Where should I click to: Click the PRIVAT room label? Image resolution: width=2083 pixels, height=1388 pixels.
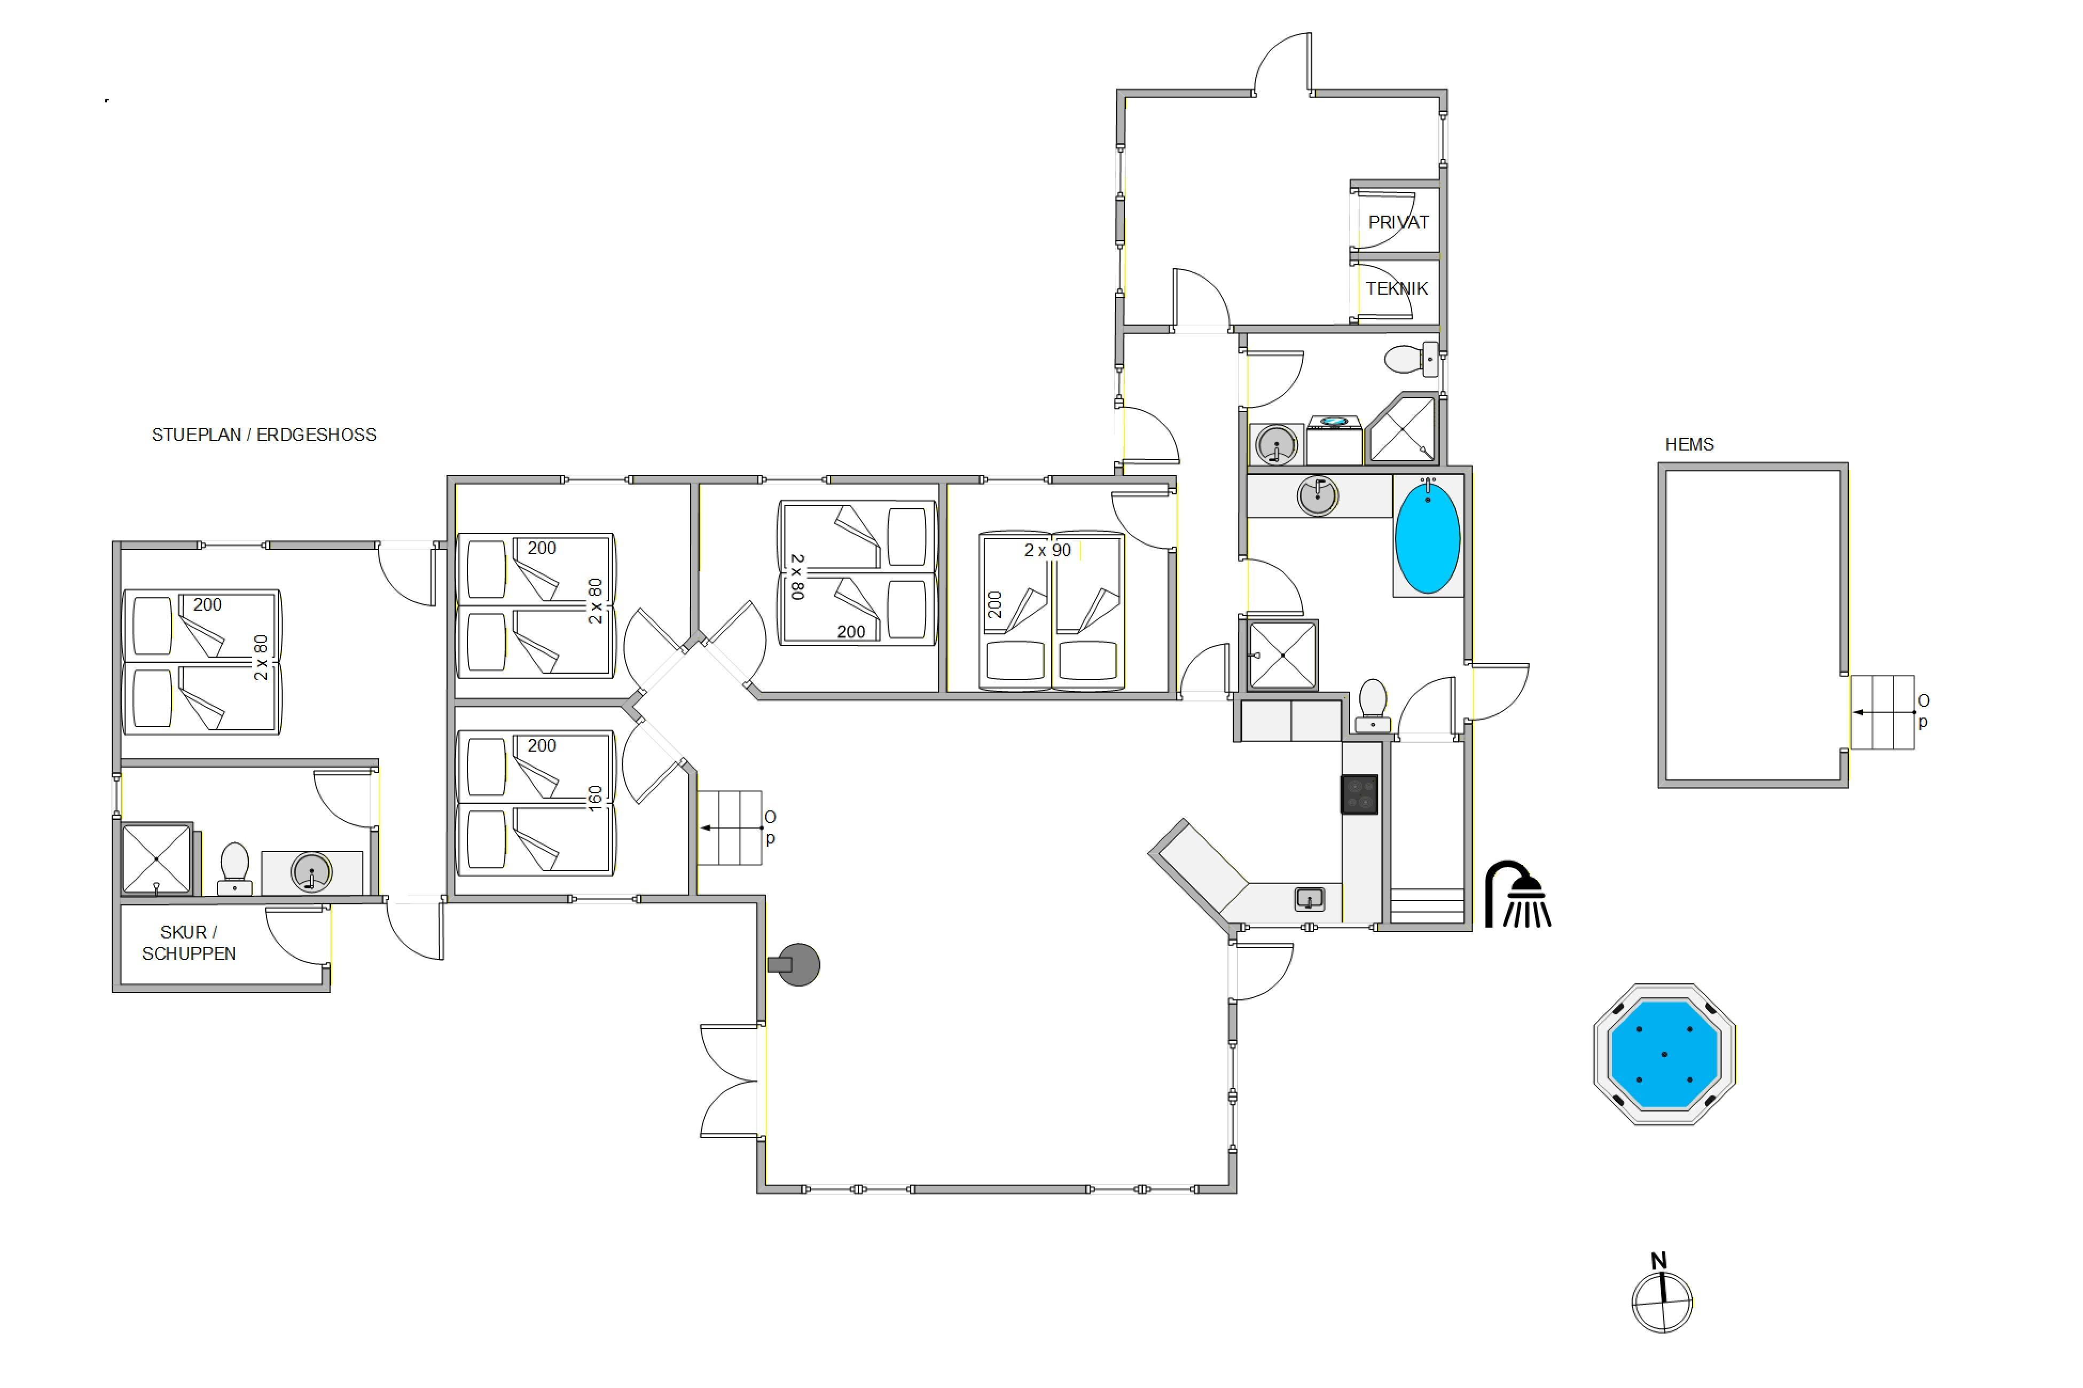(x=1398, y=222)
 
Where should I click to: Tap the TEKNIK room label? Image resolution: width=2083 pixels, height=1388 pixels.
(x=1397, y=289)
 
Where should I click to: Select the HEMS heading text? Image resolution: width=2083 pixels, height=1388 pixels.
(x=1689, y=444)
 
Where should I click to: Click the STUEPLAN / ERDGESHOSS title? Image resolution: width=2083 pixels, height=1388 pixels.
(x=264, y=435)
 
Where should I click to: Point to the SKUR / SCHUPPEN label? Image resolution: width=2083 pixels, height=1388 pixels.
(x=189, y=943)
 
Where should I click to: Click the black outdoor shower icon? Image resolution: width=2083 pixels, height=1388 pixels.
(x=1517, y=894)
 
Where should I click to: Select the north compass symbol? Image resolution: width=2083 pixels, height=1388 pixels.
(x=1662, y=1294)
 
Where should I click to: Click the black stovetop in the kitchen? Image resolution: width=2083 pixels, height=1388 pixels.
(x=1359, y=794)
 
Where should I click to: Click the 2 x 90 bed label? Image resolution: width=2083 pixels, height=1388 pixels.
(x=1048, y=550)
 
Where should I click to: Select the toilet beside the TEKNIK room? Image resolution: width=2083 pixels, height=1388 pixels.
(x=1411, y=359)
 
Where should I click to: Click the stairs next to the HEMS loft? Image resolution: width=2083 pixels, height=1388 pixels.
(x=1883, y=713)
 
